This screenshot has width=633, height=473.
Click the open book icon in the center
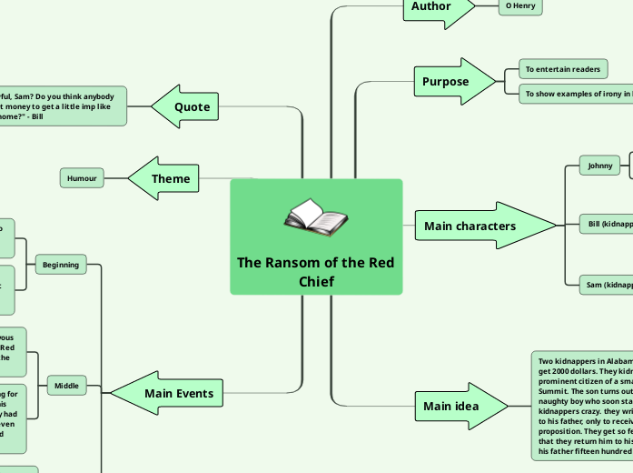(315, 218)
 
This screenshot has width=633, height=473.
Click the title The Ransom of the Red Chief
(315, 272)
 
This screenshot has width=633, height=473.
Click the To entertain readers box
(562, 69)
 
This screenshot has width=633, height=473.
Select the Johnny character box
(600, 166)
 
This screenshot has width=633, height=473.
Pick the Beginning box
(61, 265)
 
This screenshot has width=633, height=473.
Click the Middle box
(66, 386)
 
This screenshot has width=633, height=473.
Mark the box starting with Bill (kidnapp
(607, 223)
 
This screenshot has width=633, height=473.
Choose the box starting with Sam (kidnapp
(607, 285)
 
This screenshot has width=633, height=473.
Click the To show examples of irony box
(575, 93)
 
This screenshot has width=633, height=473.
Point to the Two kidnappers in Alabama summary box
(581, 405)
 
